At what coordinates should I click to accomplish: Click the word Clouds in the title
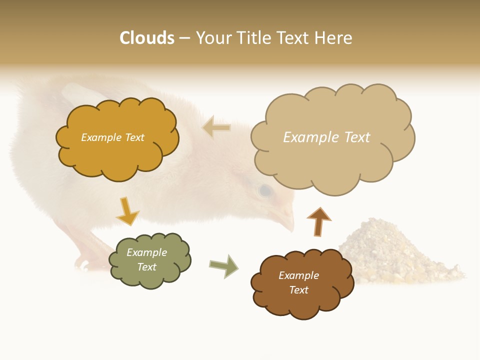(147, 38)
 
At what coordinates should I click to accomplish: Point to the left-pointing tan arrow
(216, 127)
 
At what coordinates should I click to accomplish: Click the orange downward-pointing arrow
(127, 211)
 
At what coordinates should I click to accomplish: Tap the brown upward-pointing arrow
(318, 221)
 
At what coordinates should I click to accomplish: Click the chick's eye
(264, 190)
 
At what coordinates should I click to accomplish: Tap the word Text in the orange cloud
(133, 137)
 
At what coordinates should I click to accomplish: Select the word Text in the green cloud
(147, 267)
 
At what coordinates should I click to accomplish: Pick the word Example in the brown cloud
(298, 275)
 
